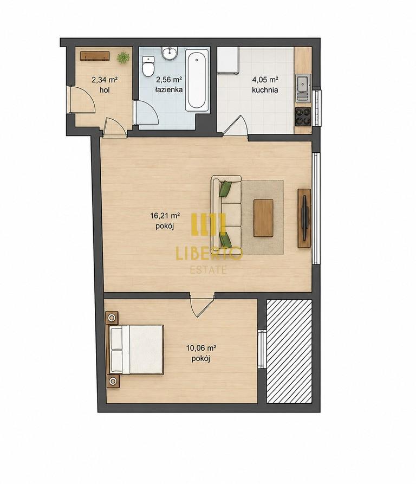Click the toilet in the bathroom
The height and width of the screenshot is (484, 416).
coord(148,66)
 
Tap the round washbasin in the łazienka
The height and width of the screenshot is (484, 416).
coord(170,53)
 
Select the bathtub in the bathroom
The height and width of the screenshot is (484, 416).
coord(196,81)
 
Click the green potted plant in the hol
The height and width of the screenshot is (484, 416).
coord(123,57)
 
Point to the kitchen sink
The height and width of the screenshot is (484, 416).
coord(303,88)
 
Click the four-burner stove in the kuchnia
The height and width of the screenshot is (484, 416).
coord(303,117)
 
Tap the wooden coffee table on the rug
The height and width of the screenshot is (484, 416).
coord(263,218)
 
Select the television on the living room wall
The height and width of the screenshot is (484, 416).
coord(304,218)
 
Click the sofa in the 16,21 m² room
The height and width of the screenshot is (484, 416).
coord(226,213)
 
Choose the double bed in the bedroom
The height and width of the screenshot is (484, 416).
coord(135,350)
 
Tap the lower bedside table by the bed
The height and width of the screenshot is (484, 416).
coord(113,381)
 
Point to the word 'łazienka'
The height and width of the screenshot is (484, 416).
coord(169,90)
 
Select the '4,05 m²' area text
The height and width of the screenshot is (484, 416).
coord(265,80)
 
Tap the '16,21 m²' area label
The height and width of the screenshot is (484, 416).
coord(165,216)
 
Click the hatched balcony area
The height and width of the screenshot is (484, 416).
coord(289,351)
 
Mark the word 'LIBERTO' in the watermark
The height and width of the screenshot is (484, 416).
coord(209,254)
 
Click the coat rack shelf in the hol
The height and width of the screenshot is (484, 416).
coord(95,56)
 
